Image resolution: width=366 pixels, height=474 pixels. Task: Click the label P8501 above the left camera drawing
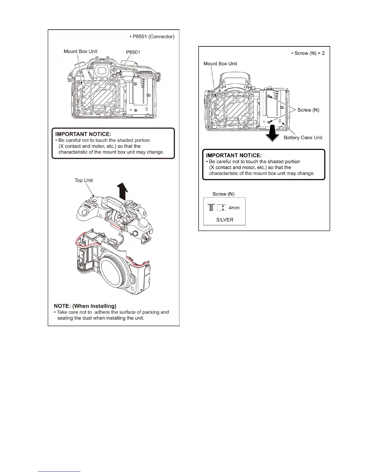click(x=133, y=52)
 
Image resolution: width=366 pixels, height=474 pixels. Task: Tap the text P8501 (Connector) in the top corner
click(x=152, y=37)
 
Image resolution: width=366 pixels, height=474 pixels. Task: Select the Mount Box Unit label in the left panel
click(x=80, y=51)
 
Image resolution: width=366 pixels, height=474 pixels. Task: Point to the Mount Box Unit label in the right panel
click(x=220, y=63)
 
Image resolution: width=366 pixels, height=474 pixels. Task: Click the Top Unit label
click(x=84, y=180)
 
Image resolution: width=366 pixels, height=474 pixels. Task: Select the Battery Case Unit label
click(x=303, y=138)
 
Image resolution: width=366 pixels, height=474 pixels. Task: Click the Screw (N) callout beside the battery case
click(x=308, y=110)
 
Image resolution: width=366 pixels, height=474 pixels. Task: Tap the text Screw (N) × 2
click(x=308, y=53)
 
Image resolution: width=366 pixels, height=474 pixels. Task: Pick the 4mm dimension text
click(x=234, y=208)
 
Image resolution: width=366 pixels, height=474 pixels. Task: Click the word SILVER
click(x=225, y=220)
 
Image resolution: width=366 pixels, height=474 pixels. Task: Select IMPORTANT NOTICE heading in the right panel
click(x=234, y=155)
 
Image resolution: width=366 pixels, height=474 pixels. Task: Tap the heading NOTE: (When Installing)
click(x=85, y=306)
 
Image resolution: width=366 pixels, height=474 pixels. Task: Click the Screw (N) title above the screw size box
click(x=223, y=194)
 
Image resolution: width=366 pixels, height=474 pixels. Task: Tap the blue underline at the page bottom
click(x=60, y=471)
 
